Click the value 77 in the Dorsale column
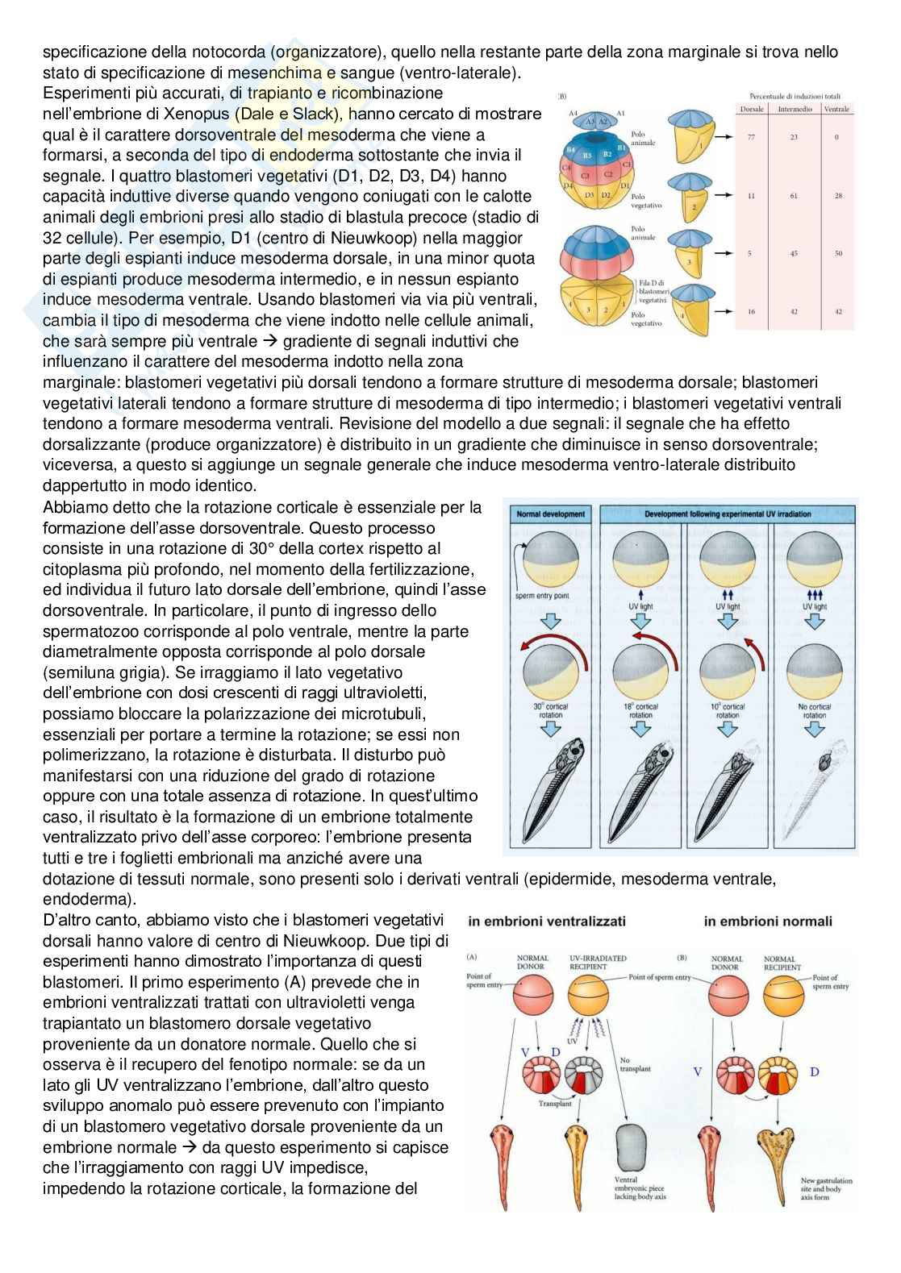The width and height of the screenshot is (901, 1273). point(752,138)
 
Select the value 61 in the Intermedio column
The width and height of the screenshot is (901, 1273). point(794,196)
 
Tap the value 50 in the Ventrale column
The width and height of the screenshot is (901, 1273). point(837,254)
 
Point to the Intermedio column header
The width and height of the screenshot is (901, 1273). point(794,109)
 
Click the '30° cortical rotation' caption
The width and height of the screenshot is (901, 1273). point(551,710)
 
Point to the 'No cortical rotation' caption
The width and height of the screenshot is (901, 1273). point(814,710)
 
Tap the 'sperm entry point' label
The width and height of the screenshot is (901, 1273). point(541,597)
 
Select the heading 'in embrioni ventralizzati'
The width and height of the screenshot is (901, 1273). point(545,921)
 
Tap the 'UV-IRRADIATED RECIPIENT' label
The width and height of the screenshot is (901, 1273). point(598,962)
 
